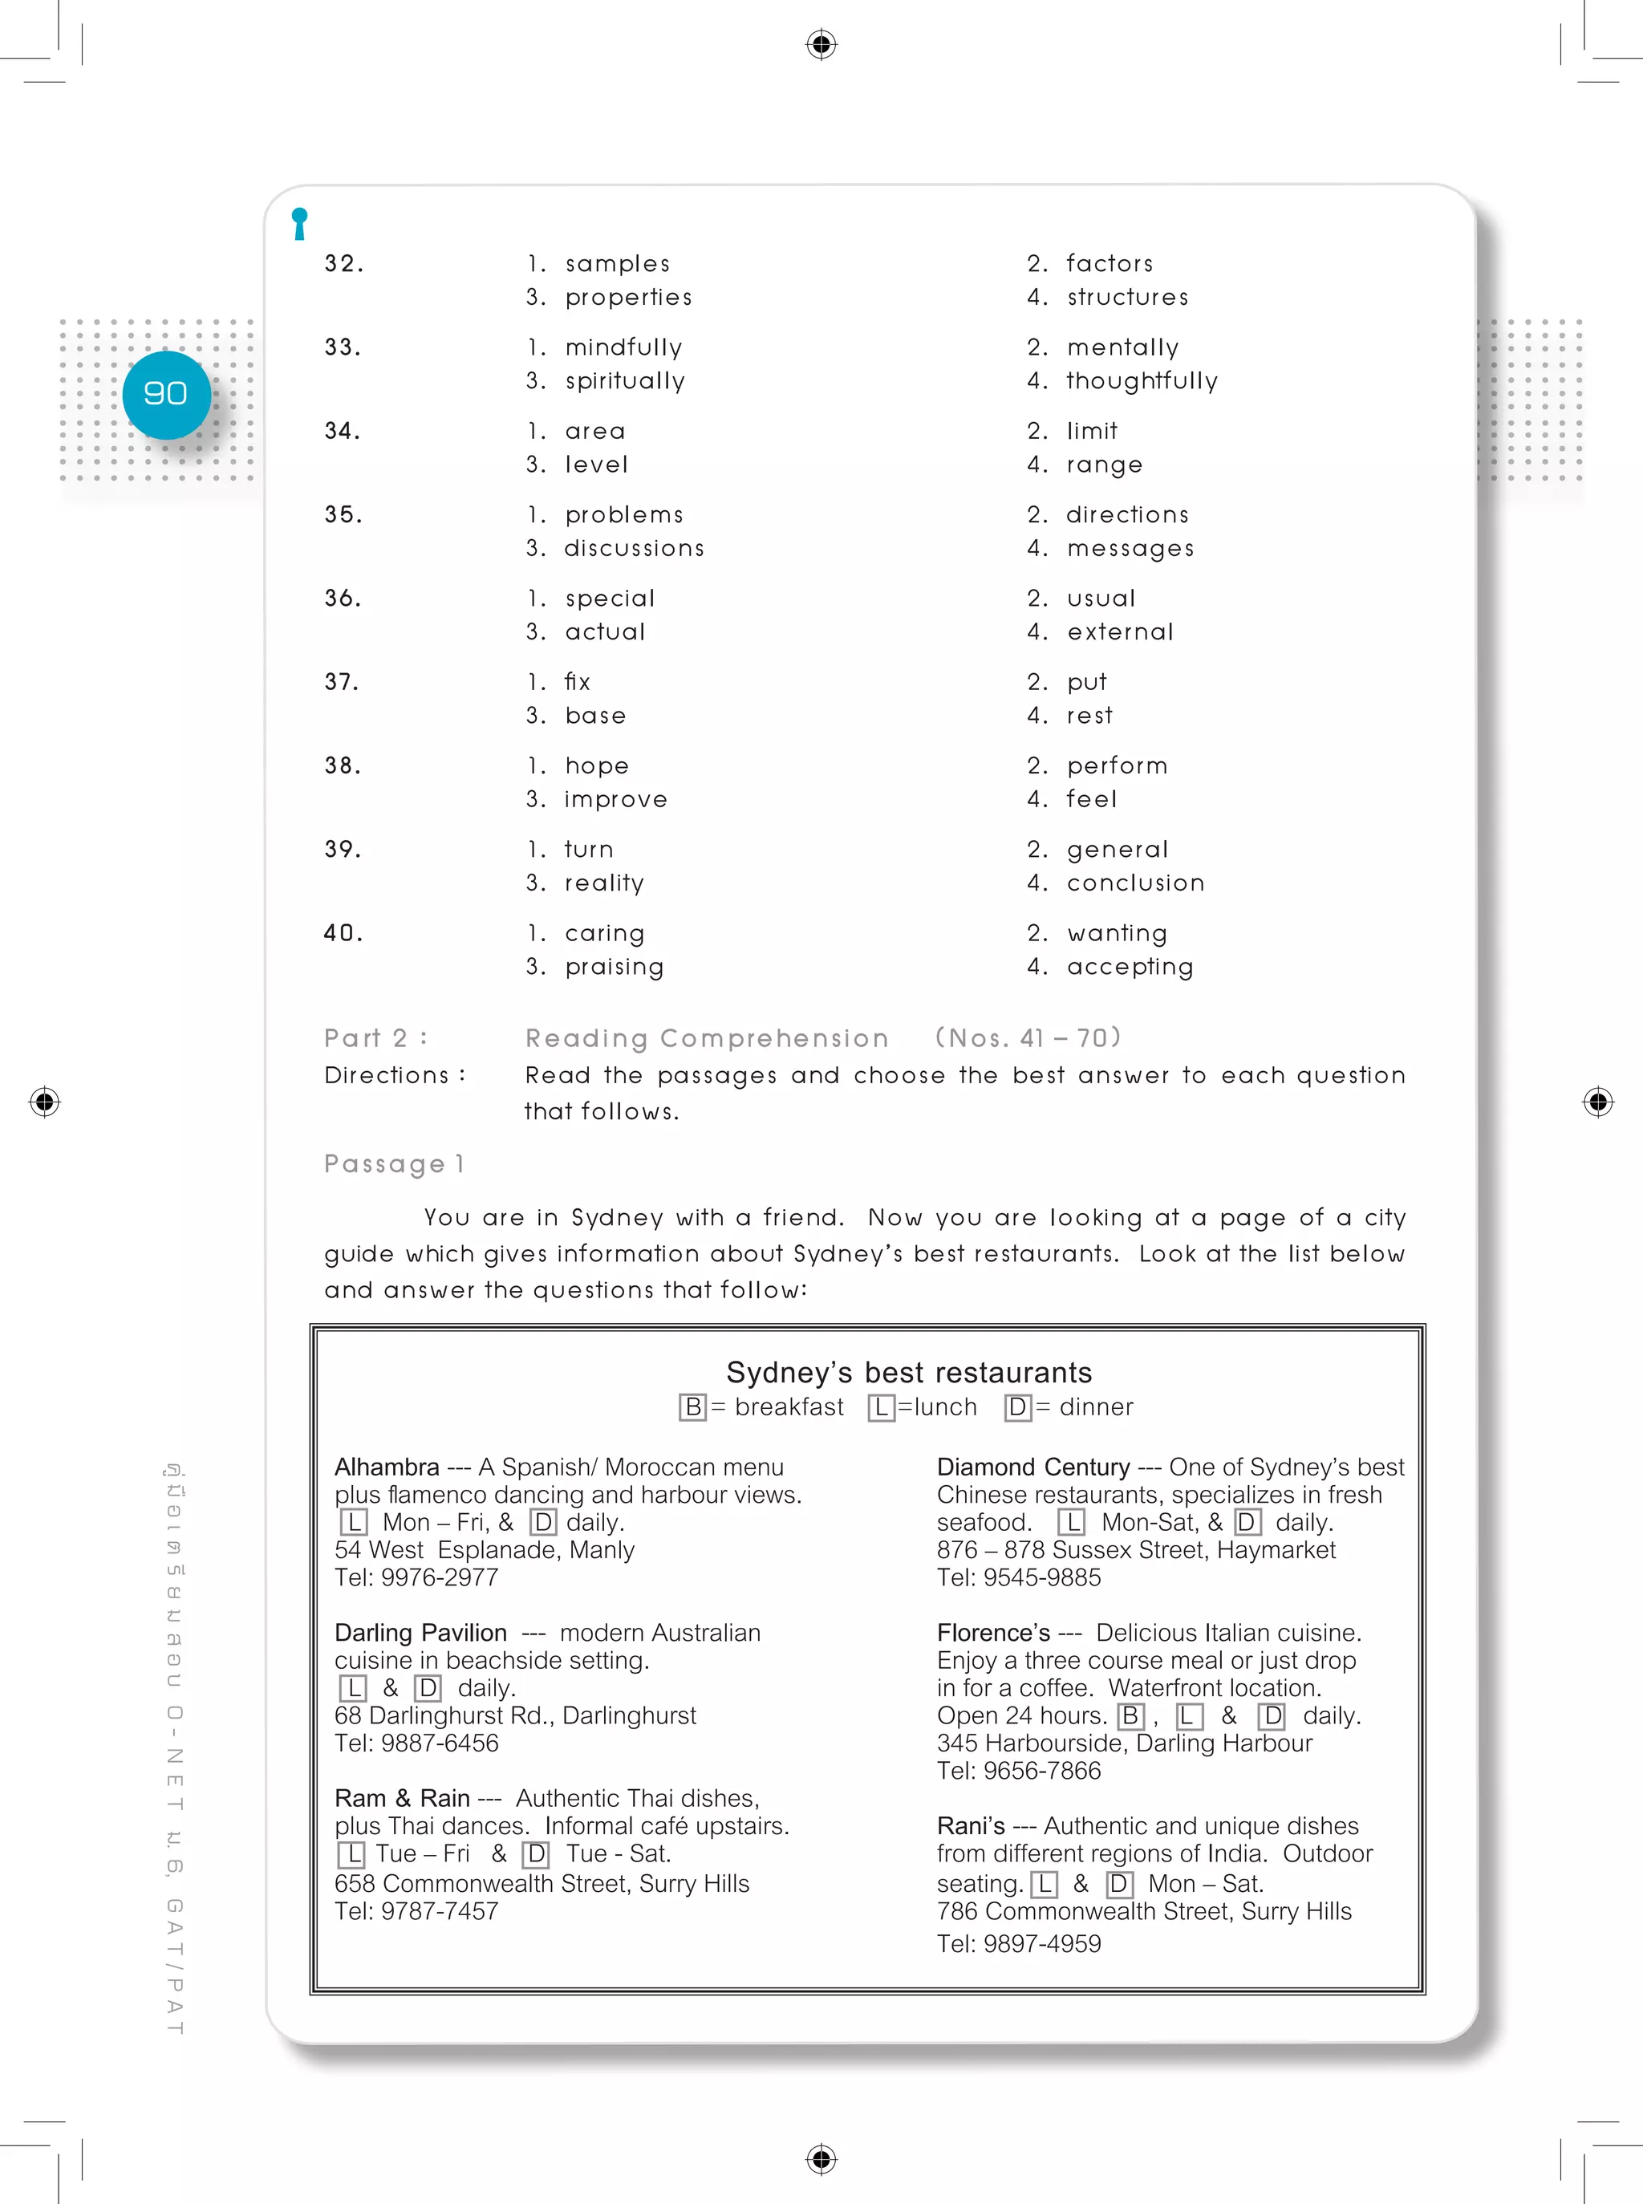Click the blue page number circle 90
[166, 394]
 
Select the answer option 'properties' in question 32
[627, 298]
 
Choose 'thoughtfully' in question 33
[1142, 381]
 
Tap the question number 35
[343, 514]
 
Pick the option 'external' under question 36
[1120, 631]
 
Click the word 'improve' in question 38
[615, 800]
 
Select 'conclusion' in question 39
[1135, 883]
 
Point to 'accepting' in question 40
[1130, 967]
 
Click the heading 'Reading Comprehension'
[706, 1038]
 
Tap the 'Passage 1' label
[394, 1163]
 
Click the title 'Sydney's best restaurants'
[908, 1373]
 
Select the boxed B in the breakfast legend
[692, 1407]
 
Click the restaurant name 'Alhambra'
[387, 1467]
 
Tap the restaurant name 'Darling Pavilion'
[420, 1632]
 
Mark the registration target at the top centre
[821, 45]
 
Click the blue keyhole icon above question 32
[299, 223]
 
